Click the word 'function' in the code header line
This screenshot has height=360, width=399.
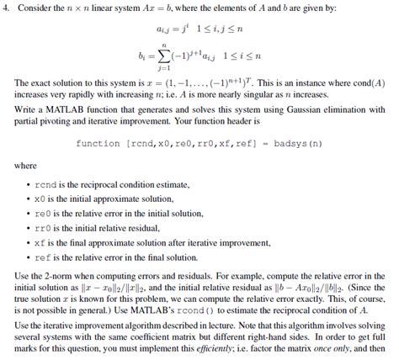click(x=98, y=144)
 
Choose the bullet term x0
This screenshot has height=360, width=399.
click(x=42, y=198)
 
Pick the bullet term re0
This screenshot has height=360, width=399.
click(x=45, y=213)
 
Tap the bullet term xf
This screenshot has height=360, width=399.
click(x=42, y=243)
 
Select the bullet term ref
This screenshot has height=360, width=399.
click(x=45, y=258)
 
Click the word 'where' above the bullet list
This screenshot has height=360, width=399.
click(x=26, y=165)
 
